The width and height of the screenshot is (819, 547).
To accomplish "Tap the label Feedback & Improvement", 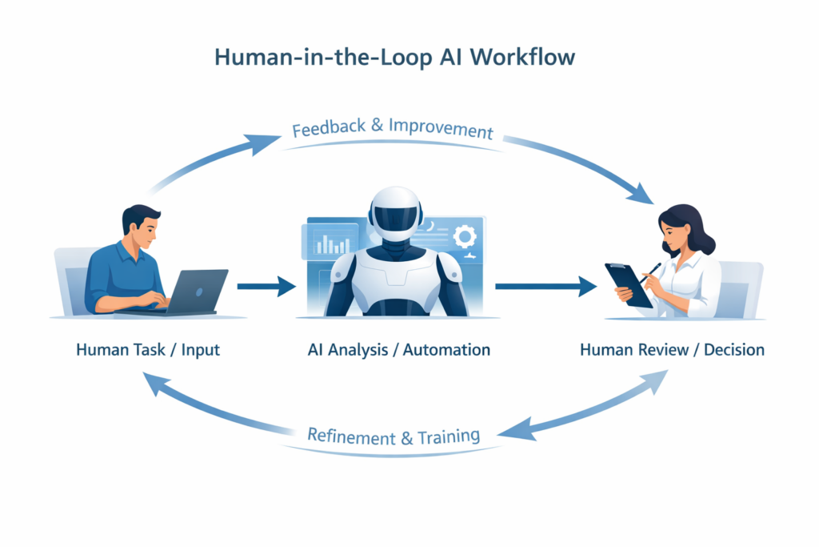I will [x=392, y=130].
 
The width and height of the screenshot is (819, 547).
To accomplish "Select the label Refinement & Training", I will [x=394, y=436].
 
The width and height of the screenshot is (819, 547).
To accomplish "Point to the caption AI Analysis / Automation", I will [x=398, y=350].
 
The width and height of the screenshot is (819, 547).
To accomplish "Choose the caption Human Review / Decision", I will [x=672, y=350].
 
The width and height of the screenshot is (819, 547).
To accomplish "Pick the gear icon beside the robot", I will [x=464, y=237].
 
